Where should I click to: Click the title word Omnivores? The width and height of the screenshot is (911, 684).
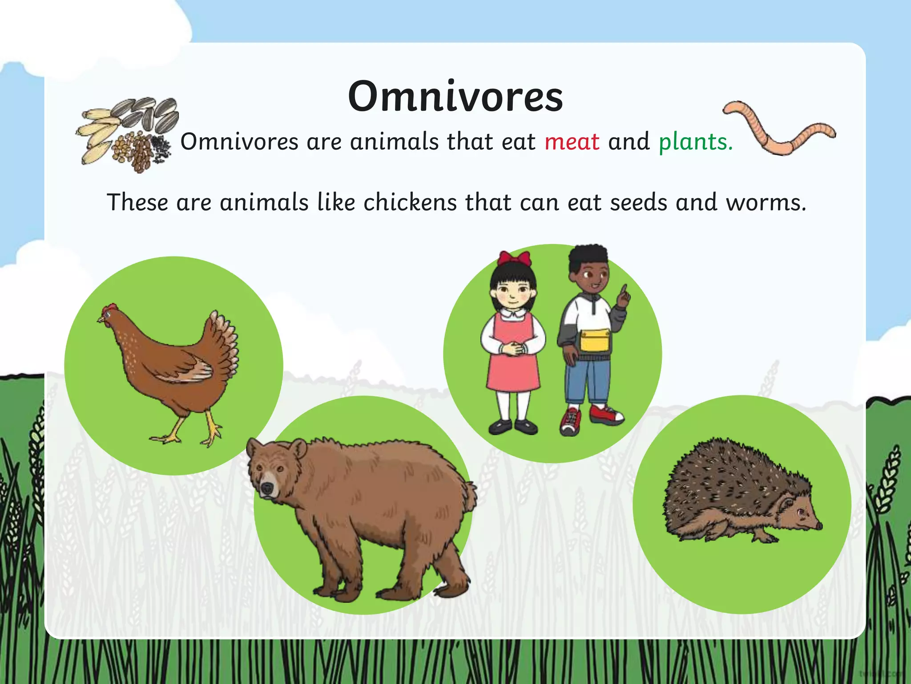[455, 97]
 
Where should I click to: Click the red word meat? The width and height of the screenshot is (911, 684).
[572, 142]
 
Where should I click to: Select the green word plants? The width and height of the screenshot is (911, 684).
[695, 142]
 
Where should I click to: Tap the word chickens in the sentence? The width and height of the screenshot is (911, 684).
[410, 203]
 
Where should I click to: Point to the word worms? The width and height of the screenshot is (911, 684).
[766, 203]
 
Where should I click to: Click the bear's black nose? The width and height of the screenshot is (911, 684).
[266, 489]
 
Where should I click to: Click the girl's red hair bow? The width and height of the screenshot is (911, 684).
[514, 258]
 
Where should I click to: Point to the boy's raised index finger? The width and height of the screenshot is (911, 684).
[625, 292]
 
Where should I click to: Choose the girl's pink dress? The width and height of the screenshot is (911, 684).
[513, 365]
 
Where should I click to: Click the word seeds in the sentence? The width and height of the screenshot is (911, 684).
[639, 203]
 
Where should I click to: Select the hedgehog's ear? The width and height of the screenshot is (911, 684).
[786, 505]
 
